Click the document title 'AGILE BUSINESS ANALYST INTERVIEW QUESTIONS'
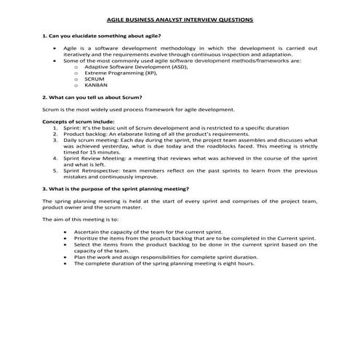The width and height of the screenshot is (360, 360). (180, 21)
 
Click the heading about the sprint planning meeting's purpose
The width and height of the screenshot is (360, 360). (116, 187)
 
